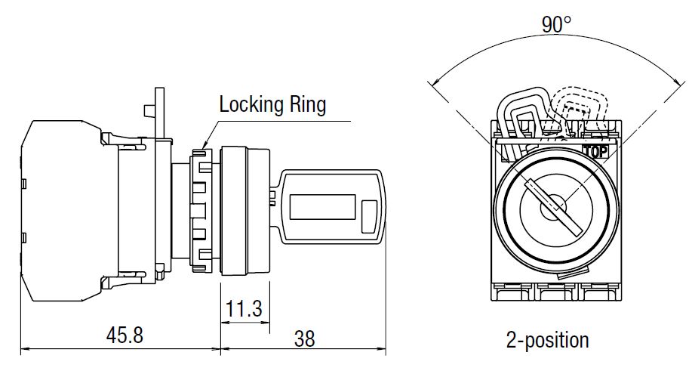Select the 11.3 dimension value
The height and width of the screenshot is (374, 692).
click(x=244, y=308)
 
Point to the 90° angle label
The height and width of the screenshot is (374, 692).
click(x=556, y=25)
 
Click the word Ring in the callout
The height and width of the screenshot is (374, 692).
click(x=309, y=104)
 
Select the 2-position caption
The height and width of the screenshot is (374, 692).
click(x=548, y=339)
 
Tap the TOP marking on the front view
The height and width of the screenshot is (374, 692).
click(x=595, y=150)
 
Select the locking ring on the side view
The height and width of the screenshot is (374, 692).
click(x=201, y=210)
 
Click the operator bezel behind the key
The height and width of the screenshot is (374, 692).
click(x=245, y=210)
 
